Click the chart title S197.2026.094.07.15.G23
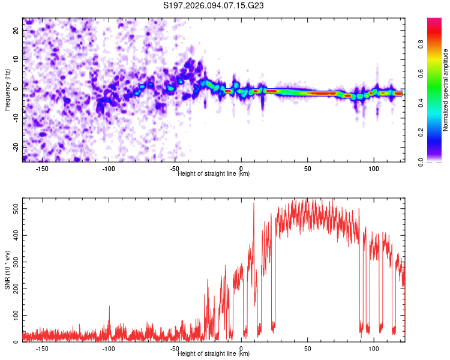214,6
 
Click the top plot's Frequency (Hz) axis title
7,90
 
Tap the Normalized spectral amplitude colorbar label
446,90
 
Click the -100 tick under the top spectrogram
108,169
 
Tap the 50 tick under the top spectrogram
307,169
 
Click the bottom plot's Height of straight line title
214,354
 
